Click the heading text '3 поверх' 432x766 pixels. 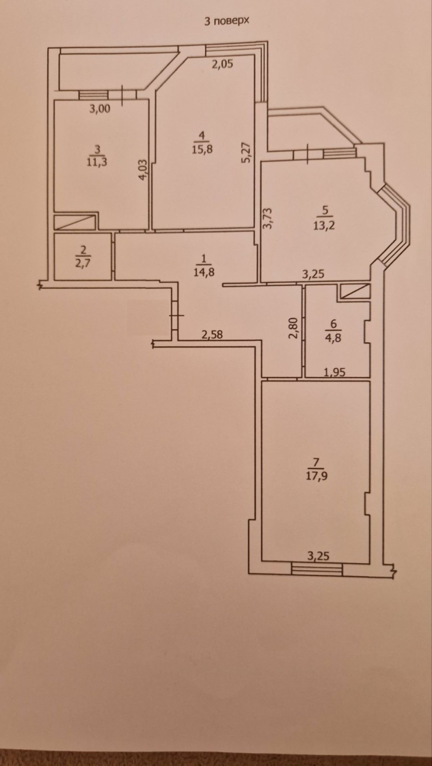227,21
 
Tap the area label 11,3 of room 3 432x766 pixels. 97,162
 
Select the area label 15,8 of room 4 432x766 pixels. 202,149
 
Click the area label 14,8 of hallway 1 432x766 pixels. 204,272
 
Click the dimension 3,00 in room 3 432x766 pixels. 100,109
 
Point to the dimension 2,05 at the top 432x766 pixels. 222,64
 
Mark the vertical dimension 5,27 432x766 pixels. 247,153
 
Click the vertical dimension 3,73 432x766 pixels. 268,218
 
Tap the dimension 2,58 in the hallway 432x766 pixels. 212,334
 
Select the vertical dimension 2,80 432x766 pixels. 294,328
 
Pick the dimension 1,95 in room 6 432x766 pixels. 335,372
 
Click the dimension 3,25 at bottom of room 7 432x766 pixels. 318,556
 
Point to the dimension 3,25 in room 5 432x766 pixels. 313,274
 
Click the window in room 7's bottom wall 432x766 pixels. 317,569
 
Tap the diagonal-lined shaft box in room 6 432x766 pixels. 355,291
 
